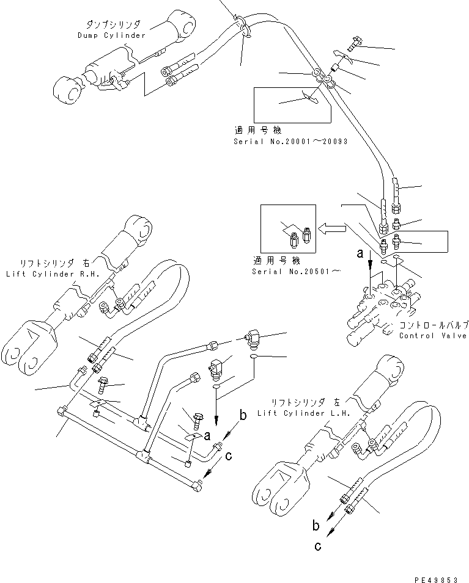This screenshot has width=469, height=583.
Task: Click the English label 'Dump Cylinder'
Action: tap(111, 35)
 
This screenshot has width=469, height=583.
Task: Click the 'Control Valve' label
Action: tap(432, 336)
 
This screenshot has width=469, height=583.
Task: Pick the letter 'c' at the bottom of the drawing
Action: tap(317, 546)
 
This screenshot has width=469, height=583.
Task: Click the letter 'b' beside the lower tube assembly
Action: tap(243, 416)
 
